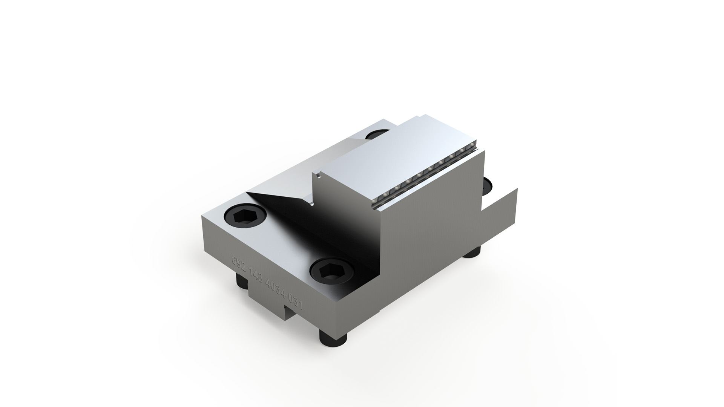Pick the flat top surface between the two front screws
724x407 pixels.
coord(279,245)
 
